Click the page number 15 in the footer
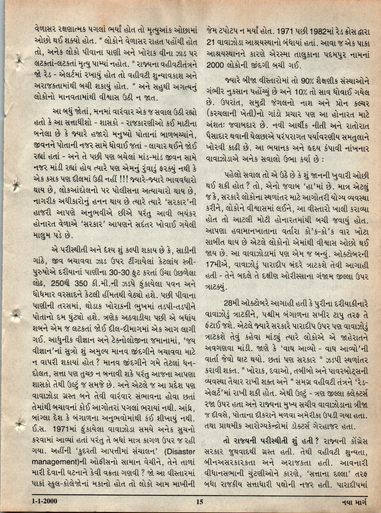[x=200, y=501]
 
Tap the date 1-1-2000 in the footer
[x=45, y=501]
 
